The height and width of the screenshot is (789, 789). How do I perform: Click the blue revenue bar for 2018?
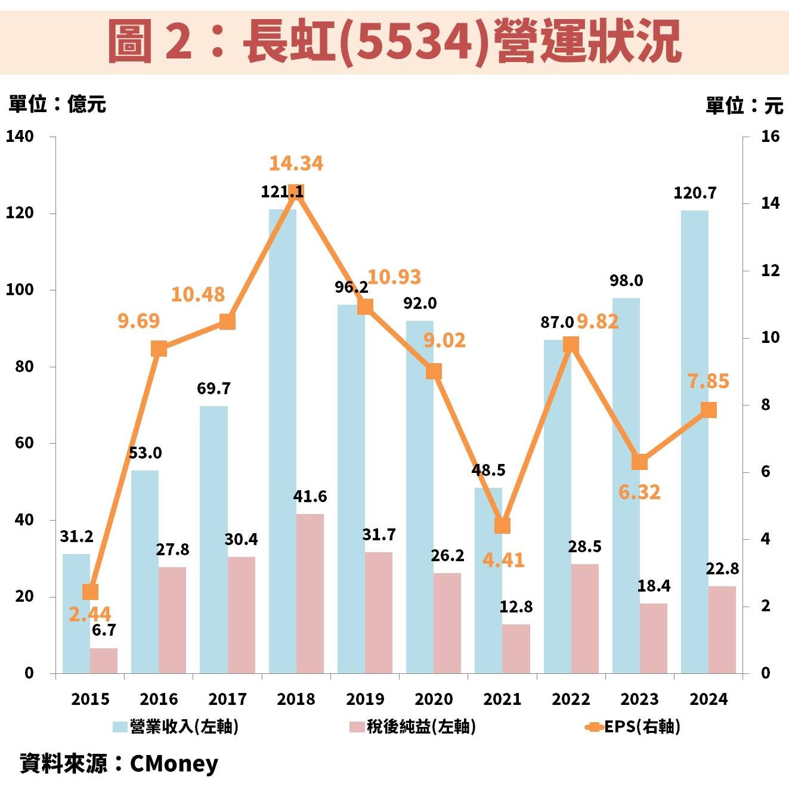pyautogui.click(x=283, y=441)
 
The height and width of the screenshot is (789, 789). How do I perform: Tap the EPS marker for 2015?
pyautogui.click(x=90, y=592)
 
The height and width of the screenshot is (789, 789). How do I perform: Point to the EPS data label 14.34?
pyautogui.click(x=296, y=163)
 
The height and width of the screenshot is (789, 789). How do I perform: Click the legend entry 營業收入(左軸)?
pyautogui.click(x=177, y=727)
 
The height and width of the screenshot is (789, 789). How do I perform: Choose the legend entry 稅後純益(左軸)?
pyautogui.click(x=413, y=727)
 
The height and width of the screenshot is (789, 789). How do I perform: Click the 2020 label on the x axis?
pyautogui.click(x=434, y=699)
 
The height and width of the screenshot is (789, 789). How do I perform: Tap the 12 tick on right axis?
pyautogui.click(x=770, y=271)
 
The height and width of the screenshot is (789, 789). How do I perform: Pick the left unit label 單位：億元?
pyautogui.click(x=57, y=104)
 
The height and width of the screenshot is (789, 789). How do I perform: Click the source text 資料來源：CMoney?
pyautogui.click(x=119, y=764)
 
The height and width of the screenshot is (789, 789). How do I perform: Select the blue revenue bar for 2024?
pyautogui.click(x=695, y=441)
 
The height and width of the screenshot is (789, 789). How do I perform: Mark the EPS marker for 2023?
pyautogui.click(x=639, y=463)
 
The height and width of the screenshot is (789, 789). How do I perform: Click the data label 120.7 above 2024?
pyautogui.click(x=695, y=193)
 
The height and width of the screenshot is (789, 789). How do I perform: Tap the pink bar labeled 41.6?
pyautogui.click(x=310, y=593)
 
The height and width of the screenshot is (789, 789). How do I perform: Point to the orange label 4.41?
pyautogui.click(x=503, y=561)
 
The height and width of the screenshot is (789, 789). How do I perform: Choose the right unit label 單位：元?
pyautogui.click(x=744, y=106)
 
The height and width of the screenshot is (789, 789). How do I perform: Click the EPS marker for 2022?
pyautogui.click(x=571, y=345)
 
